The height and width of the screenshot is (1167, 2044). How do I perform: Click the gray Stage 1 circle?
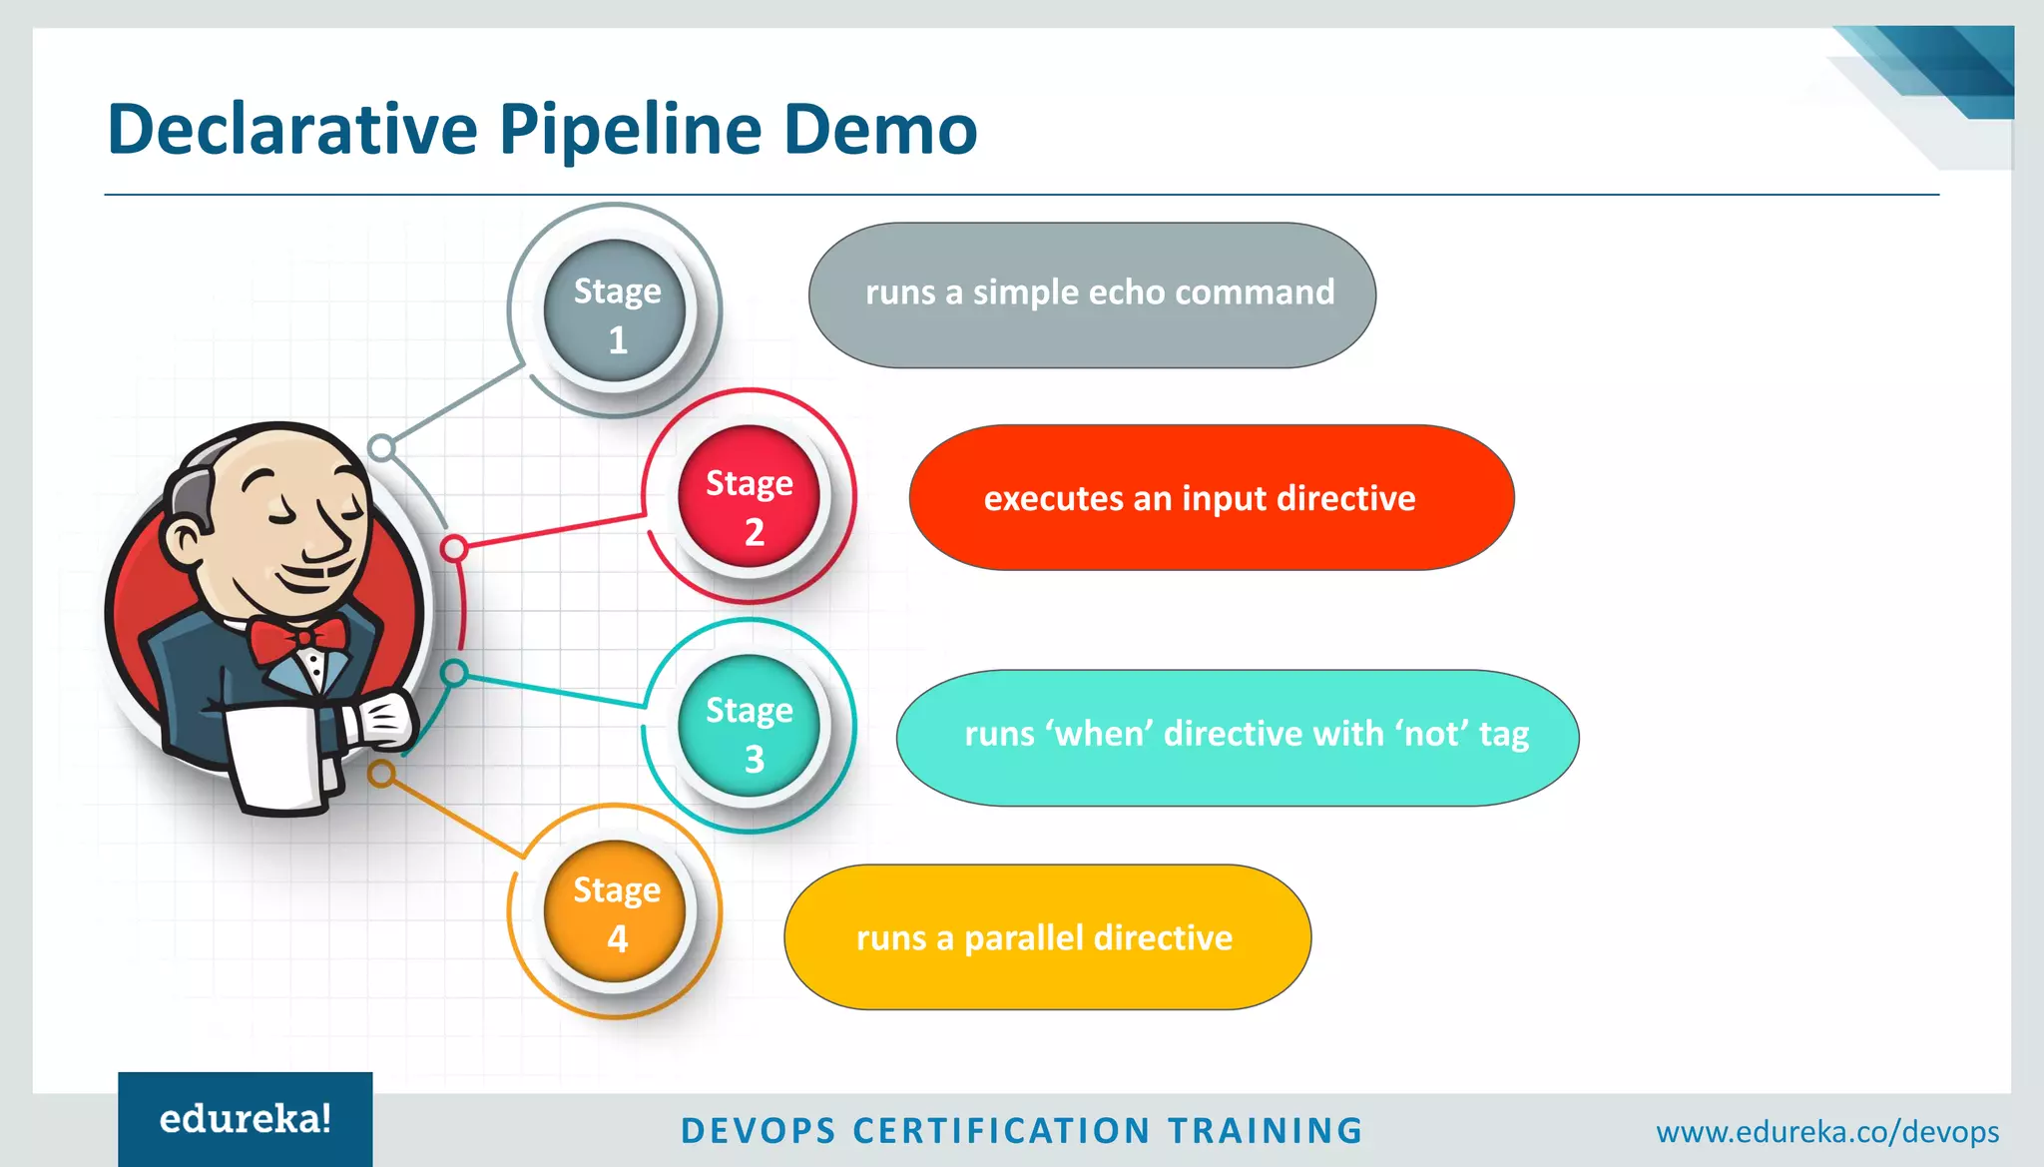pos(615,311)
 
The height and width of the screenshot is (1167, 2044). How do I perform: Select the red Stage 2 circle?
pos(749,497)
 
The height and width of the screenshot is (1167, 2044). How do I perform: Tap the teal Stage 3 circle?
pos(749,726)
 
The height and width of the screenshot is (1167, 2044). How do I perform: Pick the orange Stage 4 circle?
pos(615,911)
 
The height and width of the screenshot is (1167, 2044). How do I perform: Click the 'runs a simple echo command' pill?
pos(1092,294)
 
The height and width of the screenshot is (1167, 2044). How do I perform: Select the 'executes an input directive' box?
pos(1211,497)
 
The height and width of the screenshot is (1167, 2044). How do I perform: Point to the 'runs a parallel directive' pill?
pos(1047,937)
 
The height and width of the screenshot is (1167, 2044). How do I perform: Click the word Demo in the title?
pos(879,130)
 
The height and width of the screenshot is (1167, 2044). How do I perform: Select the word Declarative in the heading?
pos(292,130)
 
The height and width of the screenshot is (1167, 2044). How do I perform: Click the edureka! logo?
pos(246,1119)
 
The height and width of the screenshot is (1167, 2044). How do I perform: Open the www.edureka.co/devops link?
pos(1826,1132)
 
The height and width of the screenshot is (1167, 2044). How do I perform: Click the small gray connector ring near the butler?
pos(381,448)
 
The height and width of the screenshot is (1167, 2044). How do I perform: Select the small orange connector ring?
pos(381,774)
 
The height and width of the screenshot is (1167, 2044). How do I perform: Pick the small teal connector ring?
pos(454,673)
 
